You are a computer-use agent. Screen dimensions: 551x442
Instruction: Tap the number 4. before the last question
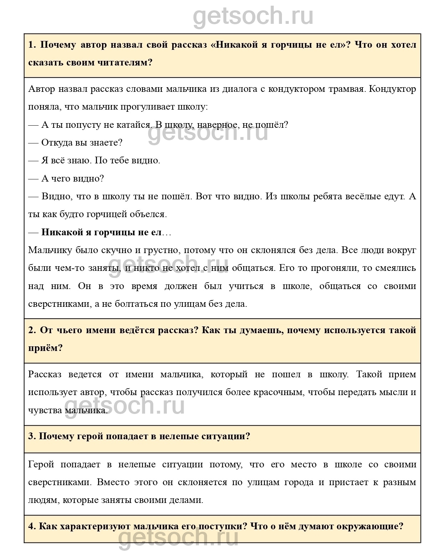(32, 526)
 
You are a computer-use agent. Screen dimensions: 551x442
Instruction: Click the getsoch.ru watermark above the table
(253, 16)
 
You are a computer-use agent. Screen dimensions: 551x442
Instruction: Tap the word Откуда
(57, 143)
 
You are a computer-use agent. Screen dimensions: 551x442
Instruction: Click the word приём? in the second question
(45, 348)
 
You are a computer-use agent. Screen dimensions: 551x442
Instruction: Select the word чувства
(45, 410)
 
